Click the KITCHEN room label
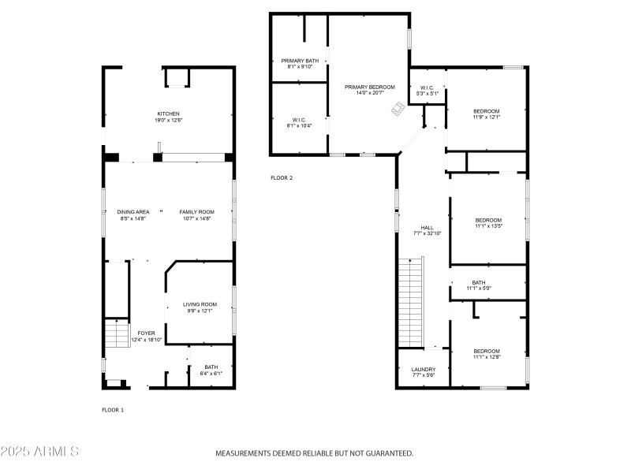(x=169, y=114)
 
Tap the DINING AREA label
(x=133, y=212)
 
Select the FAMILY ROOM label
(x=196, y=212)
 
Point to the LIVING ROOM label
(x=200, y=304)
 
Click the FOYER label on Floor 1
(x=147, y=333)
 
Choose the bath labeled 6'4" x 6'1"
(x=211, y=367)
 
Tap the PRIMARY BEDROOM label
(x=368, y=87)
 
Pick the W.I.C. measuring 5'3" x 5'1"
(x=427, y=88)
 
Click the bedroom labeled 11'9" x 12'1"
(x=487, y=111)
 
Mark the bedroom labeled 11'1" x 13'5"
(x=488, y=220)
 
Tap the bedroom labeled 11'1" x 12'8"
(x=487, y=351)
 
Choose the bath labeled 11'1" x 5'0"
(x=479, y=282)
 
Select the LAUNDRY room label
(x=424, y=369)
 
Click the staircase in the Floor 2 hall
(x=410, y=300)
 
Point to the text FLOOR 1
(x=113, y=410)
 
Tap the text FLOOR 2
(x=282, y=178)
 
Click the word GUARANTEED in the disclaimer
(x=388, y=453)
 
